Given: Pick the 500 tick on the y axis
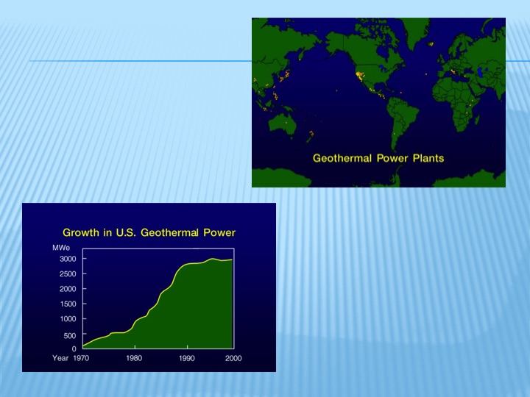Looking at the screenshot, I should [x=69, y=335].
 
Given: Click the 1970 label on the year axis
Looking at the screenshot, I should [x=80, y=358].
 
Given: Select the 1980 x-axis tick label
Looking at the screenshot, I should [x=134, y=358].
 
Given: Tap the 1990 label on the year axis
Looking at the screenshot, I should [x=187, y=358].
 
